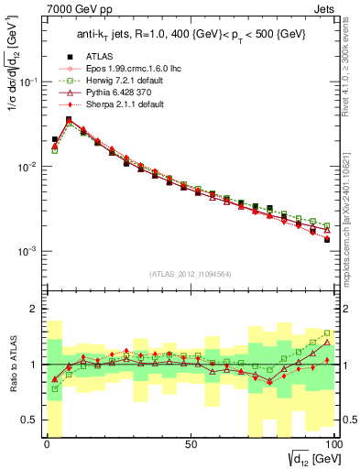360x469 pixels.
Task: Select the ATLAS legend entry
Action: (99, 82)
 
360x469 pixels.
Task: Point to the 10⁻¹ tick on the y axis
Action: (29, 82)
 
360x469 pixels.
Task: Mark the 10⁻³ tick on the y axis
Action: (29, 251)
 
